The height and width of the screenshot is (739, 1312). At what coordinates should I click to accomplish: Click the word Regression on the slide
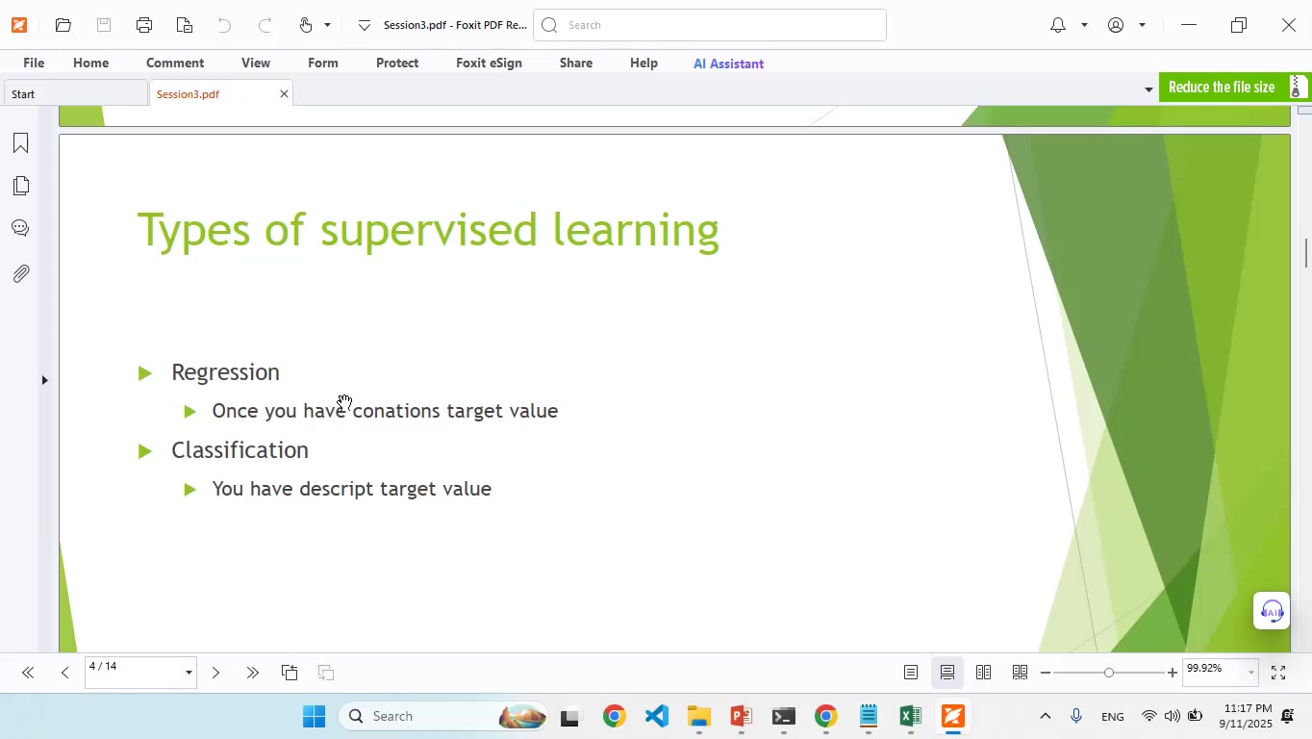point(225,372)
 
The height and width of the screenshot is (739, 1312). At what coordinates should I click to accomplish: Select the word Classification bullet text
point(240,450)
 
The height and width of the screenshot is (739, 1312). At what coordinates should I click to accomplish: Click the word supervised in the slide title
point(428,231)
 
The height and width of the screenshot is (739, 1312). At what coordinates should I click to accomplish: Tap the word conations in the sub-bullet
point(396,411)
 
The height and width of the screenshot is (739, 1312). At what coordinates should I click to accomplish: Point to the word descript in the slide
point(336,489)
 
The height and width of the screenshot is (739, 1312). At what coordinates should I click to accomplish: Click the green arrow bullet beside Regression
point(145,373)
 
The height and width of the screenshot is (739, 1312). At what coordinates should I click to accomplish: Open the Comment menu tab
point(175,63)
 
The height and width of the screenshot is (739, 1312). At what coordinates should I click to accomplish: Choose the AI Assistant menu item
point(728,64)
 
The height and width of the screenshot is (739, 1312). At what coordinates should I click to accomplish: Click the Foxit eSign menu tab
point(489,63)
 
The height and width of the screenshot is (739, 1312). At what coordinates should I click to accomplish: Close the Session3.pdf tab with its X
point(284,94)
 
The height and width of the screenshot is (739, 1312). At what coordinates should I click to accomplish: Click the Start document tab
point(24,94)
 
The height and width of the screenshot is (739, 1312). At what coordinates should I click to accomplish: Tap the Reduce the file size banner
point(1222,88)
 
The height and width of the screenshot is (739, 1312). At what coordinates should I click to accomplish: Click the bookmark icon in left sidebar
point(20,143)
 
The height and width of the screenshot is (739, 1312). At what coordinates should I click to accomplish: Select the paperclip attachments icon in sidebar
point(20,274)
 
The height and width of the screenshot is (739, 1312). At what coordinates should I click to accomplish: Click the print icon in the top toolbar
point(144,25)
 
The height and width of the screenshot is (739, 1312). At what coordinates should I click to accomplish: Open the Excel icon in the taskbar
point(910,717)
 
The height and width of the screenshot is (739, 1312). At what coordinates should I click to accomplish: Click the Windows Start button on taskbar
point(314,717)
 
